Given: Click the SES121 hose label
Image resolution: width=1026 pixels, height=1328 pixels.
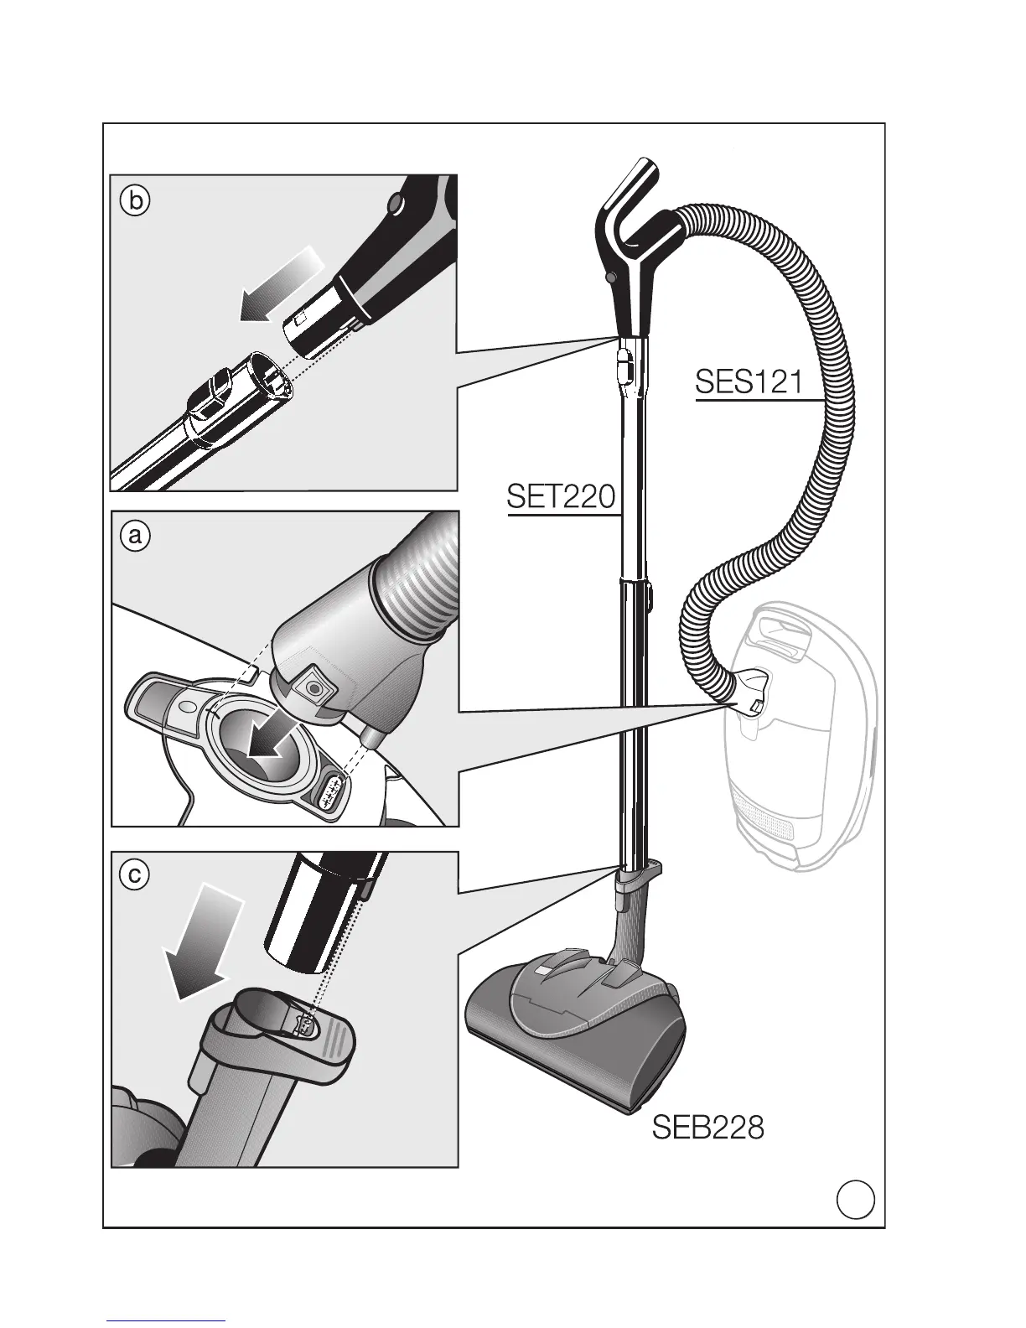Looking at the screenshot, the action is (749, 382).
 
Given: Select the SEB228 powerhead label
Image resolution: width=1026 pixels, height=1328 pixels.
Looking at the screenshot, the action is (708, 1128).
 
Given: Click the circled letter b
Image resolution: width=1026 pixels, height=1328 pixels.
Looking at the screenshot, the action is (134, 202).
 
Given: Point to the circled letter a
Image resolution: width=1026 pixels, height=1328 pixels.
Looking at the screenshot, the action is (134, 535).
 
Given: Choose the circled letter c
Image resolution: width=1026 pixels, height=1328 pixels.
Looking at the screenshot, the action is (134, 875).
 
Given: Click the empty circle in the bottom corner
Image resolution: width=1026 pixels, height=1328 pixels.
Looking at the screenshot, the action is (855, 1199).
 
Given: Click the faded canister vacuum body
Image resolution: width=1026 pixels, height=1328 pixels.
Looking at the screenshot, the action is (805, 755).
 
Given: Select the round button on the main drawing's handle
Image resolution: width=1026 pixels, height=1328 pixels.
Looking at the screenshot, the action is (609, 276).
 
